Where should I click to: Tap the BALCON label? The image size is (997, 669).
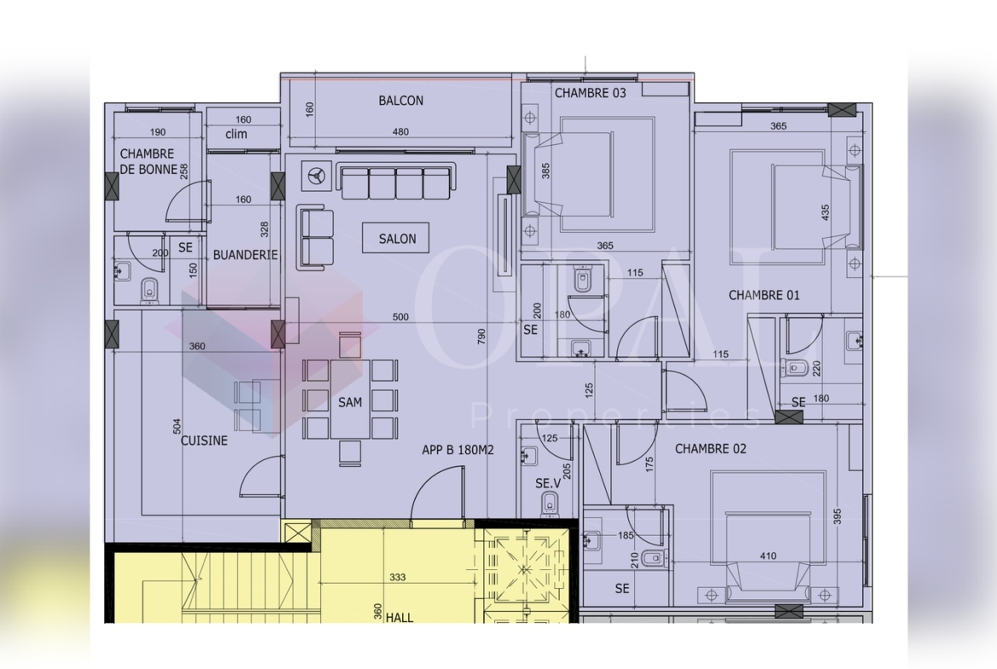tap(401, 101)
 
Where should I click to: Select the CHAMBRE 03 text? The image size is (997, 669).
tap(590, 93)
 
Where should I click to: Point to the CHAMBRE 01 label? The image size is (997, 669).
tap(764, 295)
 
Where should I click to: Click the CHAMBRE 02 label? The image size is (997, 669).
tap(710, 449)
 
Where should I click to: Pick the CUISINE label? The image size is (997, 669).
tap(205, 440)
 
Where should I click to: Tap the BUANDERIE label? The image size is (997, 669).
tap(245, 255)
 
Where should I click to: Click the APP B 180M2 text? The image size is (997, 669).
tap(458, 450)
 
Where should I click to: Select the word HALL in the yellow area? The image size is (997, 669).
tap(400, 617)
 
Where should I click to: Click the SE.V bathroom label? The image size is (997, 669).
tap(548, 483)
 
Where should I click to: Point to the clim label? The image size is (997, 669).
tap(236, 134)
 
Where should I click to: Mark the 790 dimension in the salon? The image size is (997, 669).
tap(481, 337)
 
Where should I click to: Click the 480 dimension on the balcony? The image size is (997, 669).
tap(401, 131)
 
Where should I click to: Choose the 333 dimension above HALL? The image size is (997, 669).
tap(397, 578)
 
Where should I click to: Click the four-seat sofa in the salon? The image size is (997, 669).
tap(397, 182)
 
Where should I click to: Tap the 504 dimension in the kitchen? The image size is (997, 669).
tap(177, 427)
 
